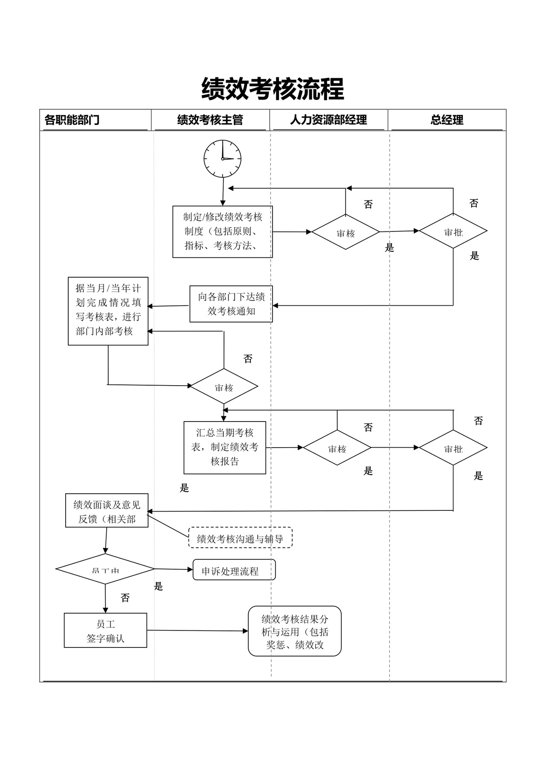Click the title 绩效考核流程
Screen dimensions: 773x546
(x=273, y=89)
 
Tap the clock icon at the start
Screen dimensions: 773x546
(x=222, y=158)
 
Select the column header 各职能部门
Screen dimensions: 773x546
(x=72, y=120)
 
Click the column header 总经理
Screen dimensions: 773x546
(x=447, y=120)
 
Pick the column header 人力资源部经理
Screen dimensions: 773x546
(x=328, y=120)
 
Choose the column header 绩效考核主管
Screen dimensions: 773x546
(x=210, y=120)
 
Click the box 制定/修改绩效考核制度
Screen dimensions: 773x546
(x=222, y=231)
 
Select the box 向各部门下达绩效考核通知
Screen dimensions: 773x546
(x=231, y=304)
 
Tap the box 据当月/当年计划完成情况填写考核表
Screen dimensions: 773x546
(x=108, y=310)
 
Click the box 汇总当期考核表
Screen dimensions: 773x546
(x=225, y=447)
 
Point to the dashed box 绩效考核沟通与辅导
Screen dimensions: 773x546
(x=240, y=538)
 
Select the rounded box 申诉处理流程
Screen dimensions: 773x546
(x=234, y=570)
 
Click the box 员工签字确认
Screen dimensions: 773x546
(x=105, y=630)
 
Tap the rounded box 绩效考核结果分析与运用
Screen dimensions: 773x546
(x=295, y=631)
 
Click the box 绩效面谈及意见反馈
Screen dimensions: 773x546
(x=107, y=511)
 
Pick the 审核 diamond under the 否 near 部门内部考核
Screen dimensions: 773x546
(x=224, y=386)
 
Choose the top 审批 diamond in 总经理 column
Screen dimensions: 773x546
(x=453, y=231)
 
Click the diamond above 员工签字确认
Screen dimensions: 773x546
(x=105, y=569)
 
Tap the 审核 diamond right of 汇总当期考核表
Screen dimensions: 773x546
(x=337, y=448)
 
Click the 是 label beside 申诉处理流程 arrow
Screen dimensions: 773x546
(x=159, y=586)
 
